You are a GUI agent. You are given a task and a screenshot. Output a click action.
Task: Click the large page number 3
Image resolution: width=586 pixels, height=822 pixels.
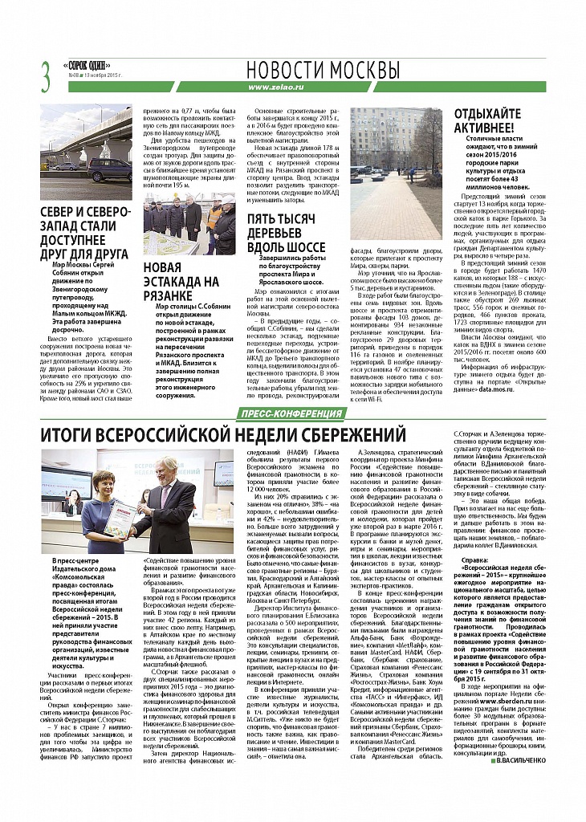click(45, 76)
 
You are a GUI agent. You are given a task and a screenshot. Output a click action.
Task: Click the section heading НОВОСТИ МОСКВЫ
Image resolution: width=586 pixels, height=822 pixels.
click(323, 69)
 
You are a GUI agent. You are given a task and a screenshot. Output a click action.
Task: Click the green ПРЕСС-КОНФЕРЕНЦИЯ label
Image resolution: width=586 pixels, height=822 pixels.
click(290, 413)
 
